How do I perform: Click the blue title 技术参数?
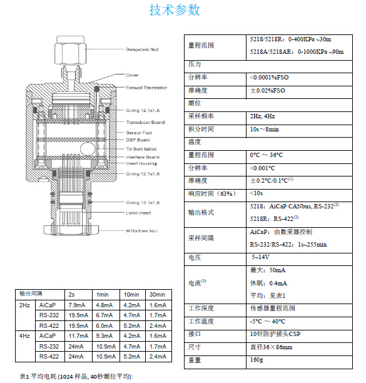click(x=175, y=10)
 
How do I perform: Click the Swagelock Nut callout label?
click(x=142, y=49)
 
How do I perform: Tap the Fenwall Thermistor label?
click(x=146, y=88)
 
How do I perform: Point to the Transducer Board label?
click(x=145, y=122)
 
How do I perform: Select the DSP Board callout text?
click(x=138, y=140)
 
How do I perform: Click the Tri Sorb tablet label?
click(x=141, y=149)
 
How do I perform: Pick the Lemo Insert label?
click(x=138, y=213)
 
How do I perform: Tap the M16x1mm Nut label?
click(x=141, y=231)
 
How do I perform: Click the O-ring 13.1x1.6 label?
click(x=143, y=203)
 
